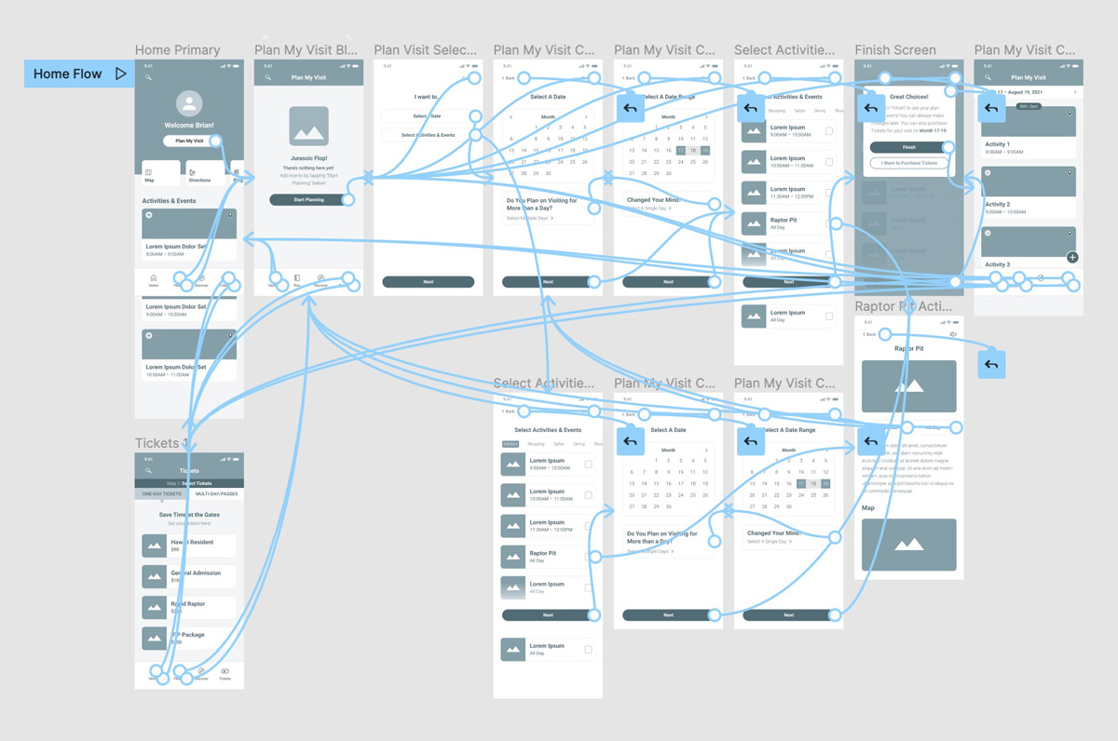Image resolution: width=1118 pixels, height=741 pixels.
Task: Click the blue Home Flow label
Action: tap(68, 74)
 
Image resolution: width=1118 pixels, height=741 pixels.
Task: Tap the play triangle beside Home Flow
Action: tap(121, 74)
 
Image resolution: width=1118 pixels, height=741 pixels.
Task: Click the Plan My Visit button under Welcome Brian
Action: tap(189, 141)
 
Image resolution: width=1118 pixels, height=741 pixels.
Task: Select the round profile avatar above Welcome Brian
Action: tap(189, 103)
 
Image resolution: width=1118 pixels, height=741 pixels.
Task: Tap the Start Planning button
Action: tap(307, 200)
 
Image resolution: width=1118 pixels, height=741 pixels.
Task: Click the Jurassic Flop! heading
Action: tap(307, 158)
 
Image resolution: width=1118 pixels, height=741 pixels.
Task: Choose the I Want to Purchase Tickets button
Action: tap(908, 163)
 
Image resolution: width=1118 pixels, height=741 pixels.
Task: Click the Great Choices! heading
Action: tap(908, 97)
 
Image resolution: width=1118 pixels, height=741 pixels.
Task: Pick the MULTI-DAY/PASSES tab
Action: tap(216, 493)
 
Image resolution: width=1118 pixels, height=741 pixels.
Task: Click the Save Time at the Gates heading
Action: tap(189, 515)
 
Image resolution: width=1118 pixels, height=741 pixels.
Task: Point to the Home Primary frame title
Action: tap(177, 50)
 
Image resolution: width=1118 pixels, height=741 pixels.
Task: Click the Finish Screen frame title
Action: tap(895, 50)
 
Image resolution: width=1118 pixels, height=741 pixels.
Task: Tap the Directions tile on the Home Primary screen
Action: tap(199, 174)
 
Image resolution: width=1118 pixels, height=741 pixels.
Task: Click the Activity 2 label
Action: tap(997, 204)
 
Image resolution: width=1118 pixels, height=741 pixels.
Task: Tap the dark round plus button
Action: tap(1072, 257)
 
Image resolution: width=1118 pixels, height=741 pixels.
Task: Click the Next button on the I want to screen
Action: tap(428, 282)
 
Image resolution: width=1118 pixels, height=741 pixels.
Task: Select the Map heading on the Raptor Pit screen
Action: tap(868, 508)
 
